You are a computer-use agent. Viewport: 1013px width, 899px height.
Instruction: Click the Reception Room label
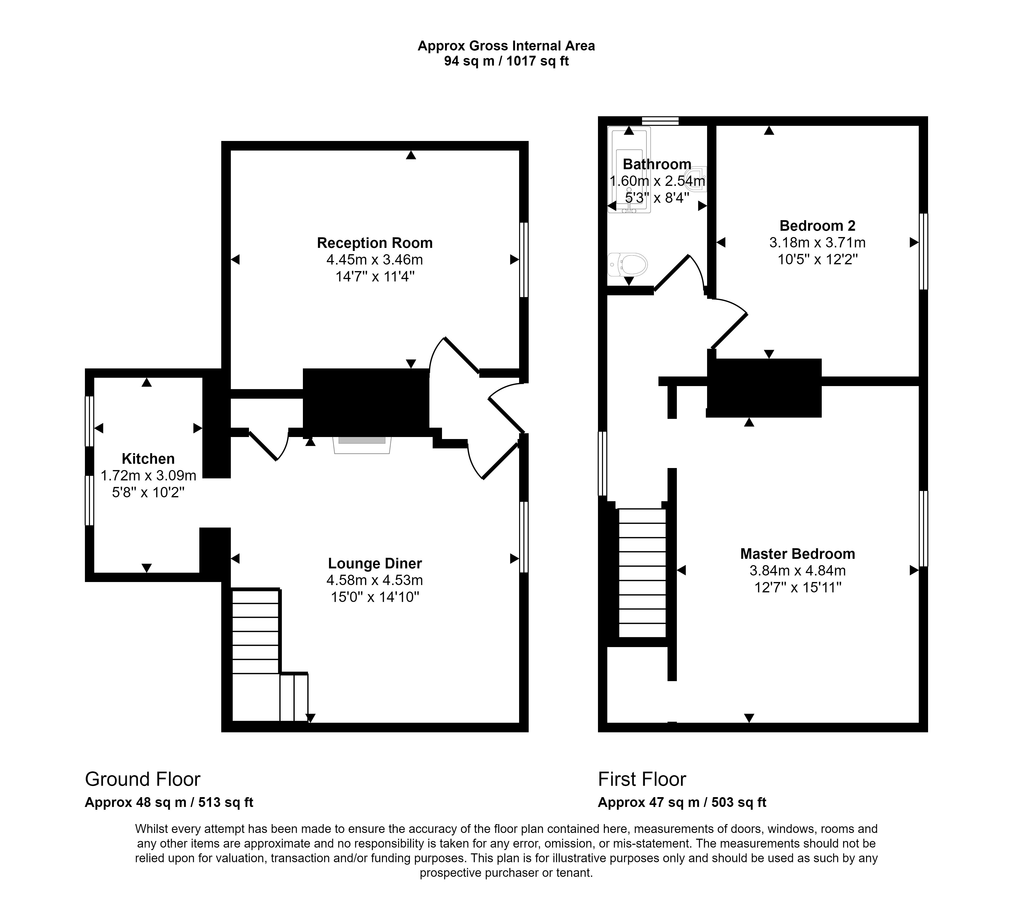tap(375, 243)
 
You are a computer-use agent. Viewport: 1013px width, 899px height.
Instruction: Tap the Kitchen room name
tap(148, 459)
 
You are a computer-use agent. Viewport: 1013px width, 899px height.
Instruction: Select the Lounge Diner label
tap(375, 563)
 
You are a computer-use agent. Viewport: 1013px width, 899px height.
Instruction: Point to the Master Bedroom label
tap(797, 554)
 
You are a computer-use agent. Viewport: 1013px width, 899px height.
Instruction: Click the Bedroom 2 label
tap(817, 226)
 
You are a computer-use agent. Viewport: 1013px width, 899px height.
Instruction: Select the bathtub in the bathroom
tap(629, 170)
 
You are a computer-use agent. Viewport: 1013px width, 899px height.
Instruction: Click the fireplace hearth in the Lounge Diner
tap(362, 445)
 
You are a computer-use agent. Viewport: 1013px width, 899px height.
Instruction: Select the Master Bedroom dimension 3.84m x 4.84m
tap(797, 571)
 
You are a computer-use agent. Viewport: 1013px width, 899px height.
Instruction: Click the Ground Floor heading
tap(143, 779)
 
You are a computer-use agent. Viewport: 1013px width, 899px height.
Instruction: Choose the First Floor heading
tap(642, 779)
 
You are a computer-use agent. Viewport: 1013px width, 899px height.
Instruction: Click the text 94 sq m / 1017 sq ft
tap(506, 62)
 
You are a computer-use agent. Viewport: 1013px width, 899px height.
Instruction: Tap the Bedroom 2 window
tap(923, 251)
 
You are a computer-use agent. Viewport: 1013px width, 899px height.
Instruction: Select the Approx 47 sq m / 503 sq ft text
tap(682, 802)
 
